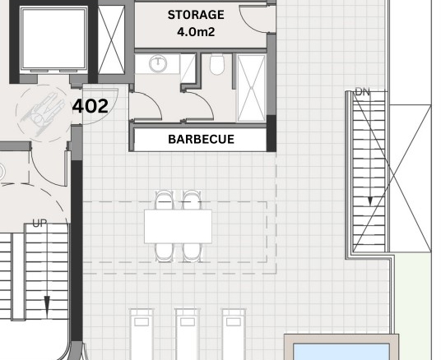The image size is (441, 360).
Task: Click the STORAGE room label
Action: pos(196,15)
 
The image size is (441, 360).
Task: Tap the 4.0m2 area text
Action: pos(196,32)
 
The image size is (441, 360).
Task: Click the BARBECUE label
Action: pos(201,140)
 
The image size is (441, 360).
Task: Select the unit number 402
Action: pos(91,106)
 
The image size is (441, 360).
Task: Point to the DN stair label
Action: pos(363,92)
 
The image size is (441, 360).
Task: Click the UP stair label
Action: pos(39,224)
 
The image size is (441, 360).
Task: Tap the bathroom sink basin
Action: pos(158,64)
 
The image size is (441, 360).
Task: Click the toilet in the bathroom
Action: pos(217,64)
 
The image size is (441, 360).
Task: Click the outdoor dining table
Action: pos(178,226)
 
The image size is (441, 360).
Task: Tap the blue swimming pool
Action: pos(341,351)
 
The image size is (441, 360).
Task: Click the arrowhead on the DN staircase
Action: pos(370,201)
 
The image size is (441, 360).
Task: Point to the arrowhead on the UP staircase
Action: pos(47,302)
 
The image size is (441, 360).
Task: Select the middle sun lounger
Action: pos(188,335)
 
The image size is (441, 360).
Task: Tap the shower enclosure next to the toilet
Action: pos(251,88)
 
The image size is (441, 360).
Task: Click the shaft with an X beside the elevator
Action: pos(111,39)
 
